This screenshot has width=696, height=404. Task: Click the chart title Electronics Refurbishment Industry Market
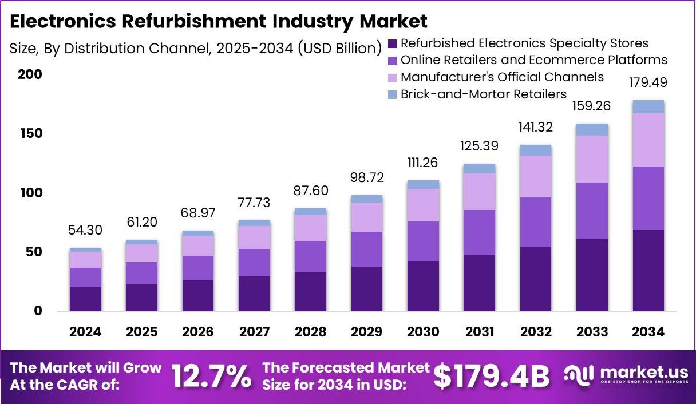218,22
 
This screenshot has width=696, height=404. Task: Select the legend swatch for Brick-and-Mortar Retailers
392,94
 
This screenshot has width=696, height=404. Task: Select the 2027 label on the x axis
254,332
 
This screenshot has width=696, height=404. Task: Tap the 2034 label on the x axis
648,332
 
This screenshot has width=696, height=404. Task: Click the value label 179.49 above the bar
648,83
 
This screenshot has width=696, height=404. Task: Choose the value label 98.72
367,177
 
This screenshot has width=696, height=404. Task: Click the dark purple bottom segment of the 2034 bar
648,271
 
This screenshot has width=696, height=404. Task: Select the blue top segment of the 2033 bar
592,129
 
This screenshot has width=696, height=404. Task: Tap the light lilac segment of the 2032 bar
536,176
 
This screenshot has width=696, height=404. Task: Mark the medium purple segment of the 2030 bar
423,241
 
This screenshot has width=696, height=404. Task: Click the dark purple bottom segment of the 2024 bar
85,299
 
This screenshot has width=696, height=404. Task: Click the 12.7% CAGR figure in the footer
211,376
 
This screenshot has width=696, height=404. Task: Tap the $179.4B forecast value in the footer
491,376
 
